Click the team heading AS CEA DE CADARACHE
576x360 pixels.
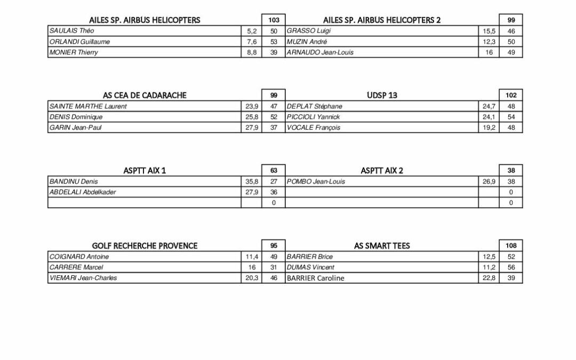[x=145, y=95]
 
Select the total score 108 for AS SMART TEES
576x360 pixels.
[x=511, y=246]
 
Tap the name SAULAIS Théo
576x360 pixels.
[x=69, y=31]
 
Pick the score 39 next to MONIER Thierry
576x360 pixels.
[x=274, y=52]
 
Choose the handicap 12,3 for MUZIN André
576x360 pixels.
[x=489, y=42]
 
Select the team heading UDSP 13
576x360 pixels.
[x=382, y=95]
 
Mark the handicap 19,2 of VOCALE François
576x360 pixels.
[x=489, y=127]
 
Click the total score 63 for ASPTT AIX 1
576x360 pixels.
[x=274, y=171]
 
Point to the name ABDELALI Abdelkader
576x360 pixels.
[x=82, y=192]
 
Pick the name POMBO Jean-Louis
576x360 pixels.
[x=316, y=181]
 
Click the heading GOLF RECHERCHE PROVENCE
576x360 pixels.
[x=145, y=246]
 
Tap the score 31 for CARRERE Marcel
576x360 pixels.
[x=274, y=267]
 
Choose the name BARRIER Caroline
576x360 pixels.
[x=316, y=278]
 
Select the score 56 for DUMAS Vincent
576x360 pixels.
[x=511, y=267]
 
